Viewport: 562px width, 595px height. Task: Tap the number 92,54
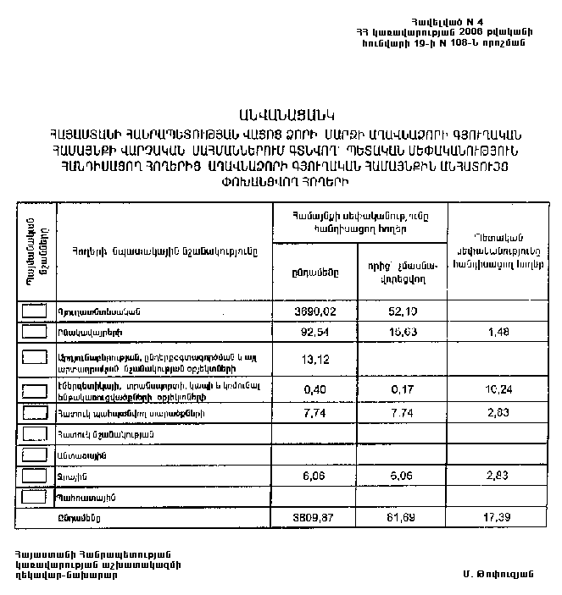click(310, 333)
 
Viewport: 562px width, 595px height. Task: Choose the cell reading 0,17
click(402, 389)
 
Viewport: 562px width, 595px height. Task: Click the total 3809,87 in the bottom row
click(310, 515)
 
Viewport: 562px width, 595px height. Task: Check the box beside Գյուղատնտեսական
click(36, 311)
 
